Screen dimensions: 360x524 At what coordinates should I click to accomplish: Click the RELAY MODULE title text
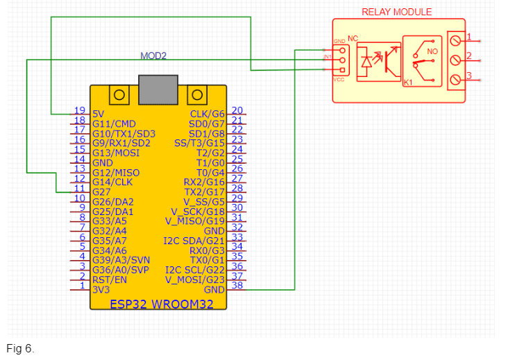(396, 12)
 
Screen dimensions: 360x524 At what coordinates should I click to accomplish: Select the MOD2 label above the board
(153, 55)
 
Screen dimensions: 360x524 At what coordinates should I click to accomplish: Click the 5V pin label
(99, 113)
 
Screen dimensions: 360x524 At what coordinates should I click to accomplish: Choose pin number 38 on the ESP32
(237, 286)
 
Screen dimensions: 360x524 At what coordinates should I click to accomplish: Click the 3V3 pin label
(101, 289)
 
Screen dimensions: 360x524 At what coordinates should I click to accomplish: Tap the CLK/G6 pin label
(207, 114)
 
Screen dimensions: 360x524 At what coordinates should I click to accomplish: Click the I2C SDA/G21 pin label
(194, 241)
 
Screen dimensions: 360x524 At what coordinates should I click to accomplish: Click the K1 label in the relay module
(409, 83)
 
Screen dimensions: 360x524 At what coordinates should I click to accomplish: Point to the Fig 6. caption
(20, 348)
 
